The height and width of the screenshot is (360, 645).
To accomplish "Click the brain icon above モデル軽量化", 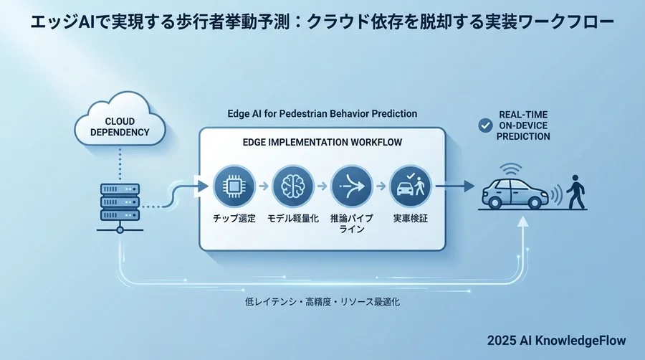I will tap(291, 186).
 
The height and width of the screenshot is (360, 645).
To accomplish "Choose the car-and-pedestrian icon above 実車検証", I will tap(409, 186).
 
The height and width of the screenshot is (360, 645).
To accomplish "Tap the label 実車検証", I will tap(408, 218).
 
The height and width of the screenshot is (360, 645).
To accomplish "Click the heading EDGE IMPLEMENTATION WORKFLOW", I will tap(322, 143).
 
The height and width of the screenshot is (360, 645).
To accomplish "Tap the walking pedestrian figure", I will tap(576, 190).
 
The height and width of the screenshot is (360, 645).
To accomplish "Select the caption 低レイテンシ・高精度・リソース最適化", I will tap(322, 302).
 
